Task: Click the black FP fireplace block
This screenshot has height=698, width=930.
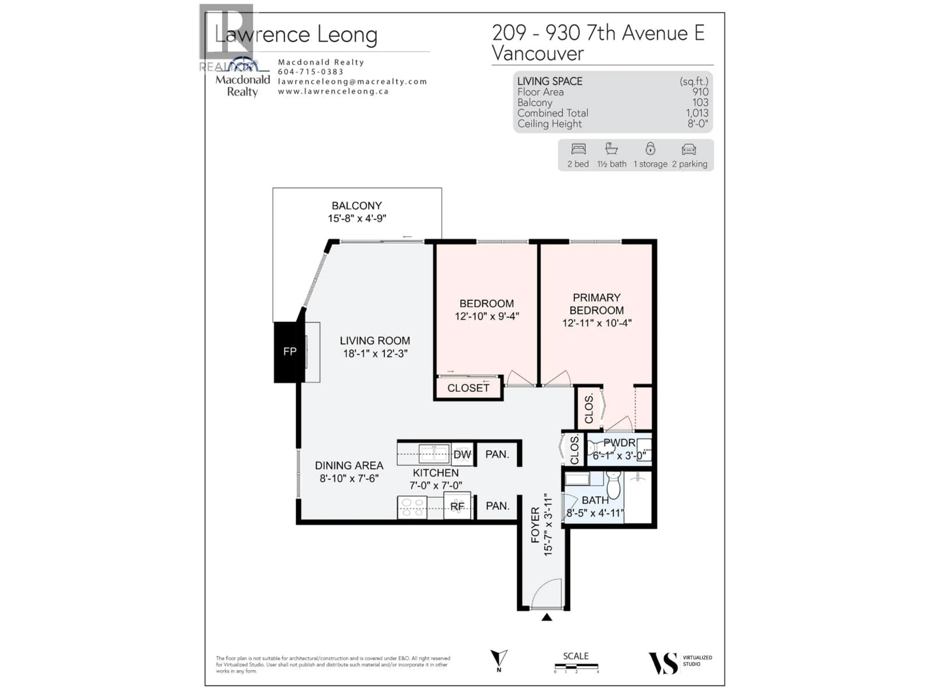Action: coord(289,352)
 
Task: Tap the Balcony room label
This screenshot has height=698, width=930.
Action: coord(356,206)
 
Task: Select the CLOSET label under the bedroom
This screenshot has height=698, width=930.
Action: coord(468,388)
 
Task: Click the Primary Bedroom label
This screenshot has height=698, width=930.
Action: coord(597,304)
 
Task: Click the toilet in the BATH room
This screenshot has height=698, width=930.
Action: coord(613,485)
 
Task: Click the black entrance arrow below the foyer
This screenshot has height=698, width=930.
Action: coord(547,617)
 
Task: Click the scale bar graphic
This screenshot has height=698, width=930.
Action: coord(576,666)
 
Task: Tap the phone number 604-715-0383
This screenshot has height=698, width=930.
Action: coord(311,72)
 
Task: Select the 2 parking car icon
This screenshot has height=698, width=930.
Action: coord(689,149)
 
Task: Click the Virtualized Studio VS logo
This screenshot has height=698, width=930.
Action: coord(663,664)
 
